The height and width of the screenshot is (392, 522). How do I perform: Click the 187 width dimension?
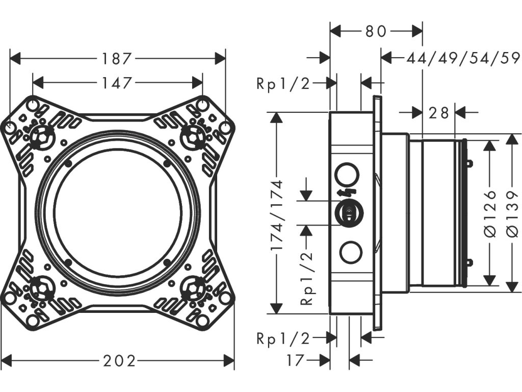pos(117,59)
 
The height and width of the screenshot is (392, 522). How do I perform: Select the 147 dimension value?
pos(117,83)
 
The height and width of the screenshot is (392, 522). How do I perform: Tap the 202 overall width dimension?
pos(119,361)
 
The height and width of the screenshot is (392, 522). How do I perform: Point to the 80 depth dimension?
pos(376,32)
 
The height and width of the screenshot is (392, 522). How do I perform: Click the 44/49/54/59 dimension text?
pos(463,59)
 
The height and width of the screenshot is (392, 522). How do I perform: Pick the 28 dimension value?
pos(439,113)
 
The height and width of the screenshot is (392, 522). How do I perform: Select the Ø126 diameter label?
pos(490,213)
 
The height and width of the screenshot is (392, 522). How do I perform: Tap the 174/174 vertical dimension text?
pos(276,215)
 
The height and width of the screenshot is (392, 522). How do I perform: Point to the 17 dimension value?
pos(296,360)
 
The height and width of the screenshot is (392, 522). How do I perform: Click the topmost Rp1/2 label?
pos(283,84)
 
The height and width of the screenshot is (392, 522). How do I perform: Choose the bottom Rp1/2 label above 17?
pos(283,339)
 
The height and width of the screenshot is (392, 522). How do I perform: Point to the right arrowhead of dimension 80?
pos(417,32)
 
